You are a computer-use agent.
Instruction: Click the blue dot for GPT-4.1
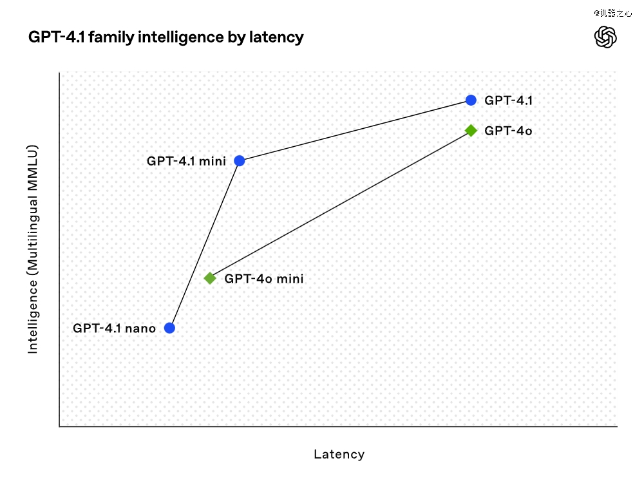pyautogui.click(x=471, y=100)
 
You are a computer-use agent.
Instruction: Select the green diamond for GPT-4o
pyautogui.click(x=471, y=131)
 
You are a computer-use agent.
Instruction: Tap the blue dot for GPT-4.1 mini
pyautogui.click(x=240, y=161)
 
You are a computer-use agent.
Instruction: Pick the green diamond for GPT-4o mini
pyautogui.click(x=210, y=278)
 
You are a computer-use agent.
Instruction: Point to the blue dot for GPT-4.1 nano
pyautogui.click(x=169, y=328)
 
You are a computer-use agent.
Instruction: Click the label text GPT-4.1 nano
pyautogui.click(x=114, y=328)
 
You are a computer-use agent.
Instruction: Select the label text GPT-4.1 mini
pyautogui.click(x=187, y=161)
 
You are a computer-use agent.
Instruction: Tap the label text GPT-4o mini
pyautogui.click(x=264, y=279)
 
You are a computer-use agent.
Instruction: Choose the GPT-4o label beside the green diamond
pyautogui.click(x=509, y=131)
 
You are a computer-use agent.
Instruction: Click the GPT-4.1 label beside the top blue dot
pyautogui.click(x=509, y=100)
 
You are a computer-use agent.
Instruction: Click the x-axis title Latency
pyautogui.click(x=339, y=454)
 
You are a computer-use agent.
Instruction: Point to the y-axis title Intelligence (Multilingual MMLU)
pyautogui.click(x=32, y=249)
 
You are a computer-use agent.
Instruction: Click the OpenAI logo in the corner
pyautogui.click(x=605, y=37)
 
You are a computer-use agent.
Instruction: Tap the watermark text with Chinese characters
pyautogui.click(x=613, y=13)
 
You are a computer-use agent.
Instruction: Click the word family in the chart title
pyautogui.click(x=111, y=37)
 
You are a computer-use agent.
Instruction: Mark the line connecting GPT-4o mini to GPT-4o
pyautogui.click(x=341, y=205)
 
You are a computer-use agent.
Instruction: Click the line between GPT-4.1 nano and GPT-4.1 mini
pyautogui.click(x=205, y=244)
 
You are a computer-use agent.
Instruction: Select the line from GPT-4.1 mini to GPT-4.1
pyautogui.click(x=355, y=131)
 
